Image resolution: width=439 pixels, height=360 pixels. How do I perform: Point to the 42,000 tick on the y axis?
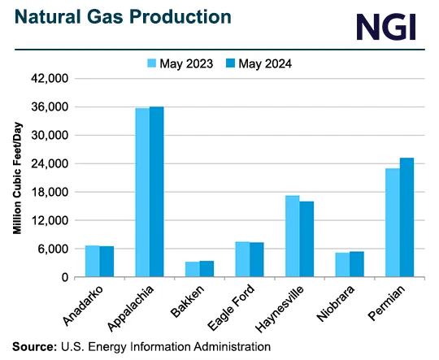pyautogui.click(x=50, y=79)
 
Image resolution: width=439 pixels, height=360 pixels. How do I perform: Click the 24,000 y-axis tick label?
pyautogui.click(x=50, y=164)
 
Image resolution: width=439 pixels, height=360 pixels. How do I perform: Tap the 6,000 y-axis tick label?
pyautogui.click(x=54, y=249)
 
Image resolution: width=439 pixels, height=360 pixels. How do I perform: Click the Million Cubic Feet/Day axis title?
pyautogui.click(x=17, y=179)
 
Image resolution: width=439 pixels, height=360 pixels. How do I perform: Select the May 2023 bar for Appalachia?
pyautogui.click(x=142, y=193)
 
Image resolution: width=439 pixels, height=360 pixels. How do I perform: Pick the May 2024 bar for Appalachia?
pyautogui.click(x=156, y=192)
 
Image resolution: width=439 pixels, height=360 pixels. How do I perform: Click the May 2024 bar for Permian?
pyautogui.click(x=406, y=217)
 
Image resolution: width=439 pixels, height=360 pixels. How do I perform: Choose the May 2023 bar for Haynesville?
pyautogui.click(x=293, y=236)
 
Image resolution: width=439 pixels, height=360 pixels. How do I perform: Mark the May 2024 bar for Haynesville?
pyautogui.click(x=306, y=239)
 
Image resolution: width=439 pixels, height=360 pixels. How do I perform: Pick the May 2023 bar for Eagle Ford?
pyautogui.click(x=242, y=259)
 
